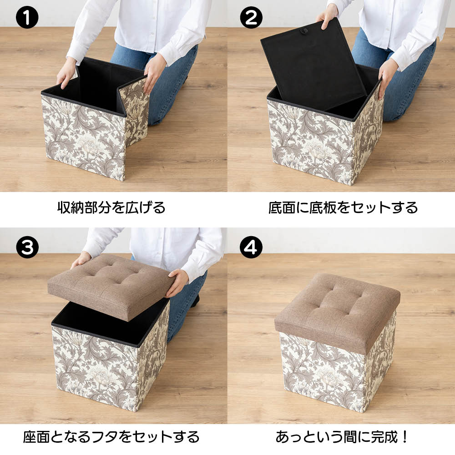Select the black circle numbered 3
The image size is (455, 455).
click(x=27, y=247)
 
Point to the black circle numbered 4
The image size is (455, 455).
click(x=251, y=247)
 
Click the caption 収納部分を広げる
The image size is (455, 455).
click(x=111, y=208)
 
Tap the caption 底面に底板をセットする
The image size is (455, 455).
click(x=343, y=208)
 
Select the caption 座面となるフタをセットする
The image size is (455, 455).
click(x=111, y=437)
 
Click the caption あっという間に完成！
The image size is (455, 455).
click(x=342, y=437)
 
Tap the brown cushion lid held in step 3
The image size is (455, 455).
click(x=110, y=286)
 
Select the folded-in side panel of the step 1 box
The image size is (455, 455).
click(x=133, y=112)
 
